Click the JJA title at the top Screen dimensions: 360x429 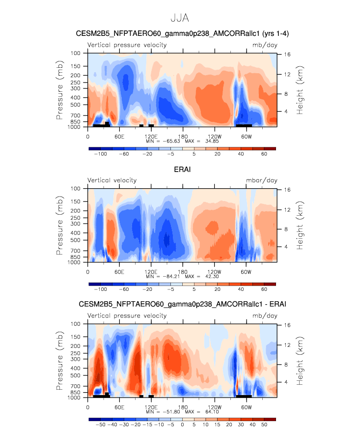click(180, 18)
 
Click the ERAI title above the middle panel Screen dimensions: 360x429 click(182, 170)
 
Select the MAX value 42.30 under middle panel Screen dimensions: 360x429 click(212, 276)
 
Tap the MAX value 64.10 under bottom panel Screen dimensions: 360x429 click(212, 412)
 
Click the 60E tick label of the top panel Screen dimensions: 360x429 click(119, 137)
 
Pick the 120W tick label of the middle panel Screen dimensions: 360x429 click(214, 272)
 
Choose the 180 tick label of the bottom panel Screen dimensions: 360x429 click(183, 407)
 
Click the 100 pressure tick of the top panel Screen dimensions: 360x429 click(76, 53)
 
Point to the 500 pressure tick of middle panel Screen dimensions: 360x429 click(76, 240)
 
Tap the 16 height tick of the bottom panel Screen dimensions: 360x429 click(287, 325)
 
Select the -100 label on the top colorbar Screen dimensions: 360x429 click(100, 154)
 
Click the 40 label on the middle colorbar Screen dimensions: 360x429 click(241, 289)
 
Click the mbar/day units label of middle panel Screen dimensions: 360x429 click(262, 180)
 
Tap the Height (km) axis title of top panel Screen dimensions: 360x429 click(300, 90)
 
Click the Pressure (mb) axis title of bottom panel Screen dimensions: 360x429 click(59, 361)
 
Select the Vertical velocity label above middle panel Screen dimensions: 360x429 click(112, 180)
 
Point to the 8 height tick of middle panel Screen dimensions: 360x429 click(286, 229)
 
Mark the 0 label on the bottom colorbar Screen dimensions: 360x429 click(182, 425)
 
